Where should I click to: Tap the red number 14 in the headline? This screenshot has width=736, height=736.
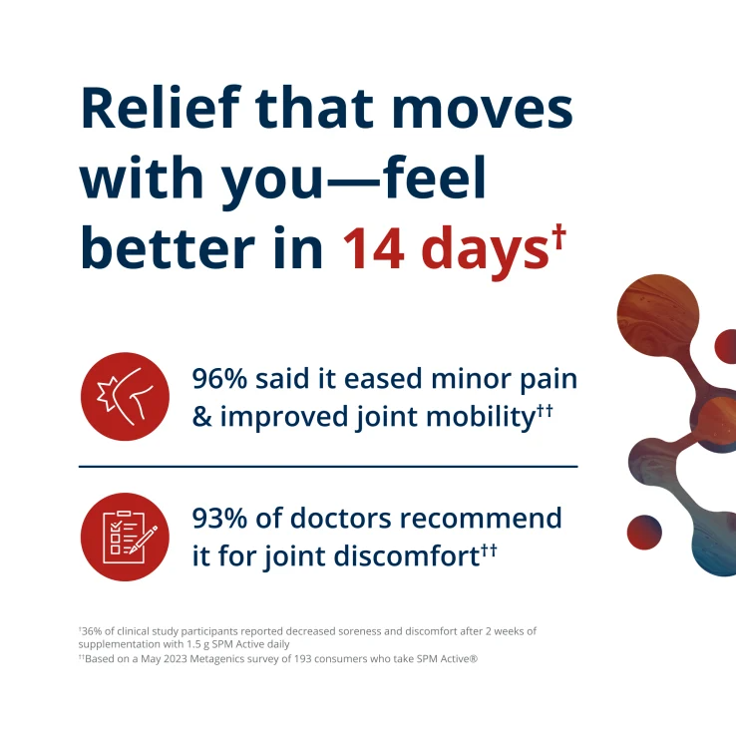tap(374, 248)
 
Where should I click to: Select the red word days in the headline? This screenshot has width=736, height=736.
tap(485, 252)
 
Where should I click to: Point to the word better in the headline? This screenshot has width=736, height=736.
tap(168, 248)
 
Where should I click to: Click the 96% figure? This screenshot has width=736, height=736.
tap(219, 378)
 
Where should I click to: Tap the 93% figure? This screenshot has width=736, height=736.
tap(219, 519)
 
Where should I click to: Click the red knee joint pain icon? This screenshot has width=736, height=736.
tap(125, 396)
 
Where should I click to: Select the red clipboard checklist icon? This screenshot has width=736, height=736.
tap(125, 537)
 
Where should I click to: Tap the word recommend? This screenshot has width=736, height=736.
tap(481, 519)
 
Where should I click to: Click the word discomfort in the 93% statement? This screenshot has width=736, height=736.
tap(407, 556)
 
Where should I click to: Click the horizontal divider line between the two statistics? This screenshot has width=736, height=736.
tap(328, 467)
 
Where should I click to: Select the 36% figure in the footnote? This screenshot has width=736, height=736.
tap(92, 631)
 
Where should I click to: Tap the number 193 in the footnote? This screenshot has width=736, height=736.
tap(303, 659)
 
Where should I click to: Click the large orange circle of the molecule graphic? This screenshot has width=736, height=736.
tap(657, 315)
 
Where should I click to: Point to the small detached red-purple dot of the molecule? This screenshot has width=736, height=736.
tap(644, 532)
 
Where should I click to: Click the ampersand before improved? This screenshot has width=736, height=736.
tap(201, 416)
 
